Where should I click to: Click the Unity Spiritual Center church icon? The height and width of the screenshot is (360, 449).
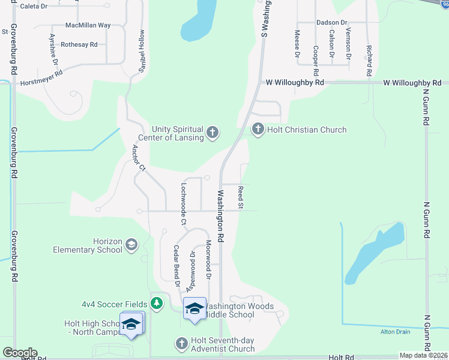click(212, 132)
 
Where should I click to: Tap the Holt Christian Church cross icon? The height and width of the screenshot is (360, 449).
click(258, 129)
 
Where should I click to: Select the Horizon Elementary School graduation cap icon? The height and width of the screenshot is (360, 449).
click(131, 245)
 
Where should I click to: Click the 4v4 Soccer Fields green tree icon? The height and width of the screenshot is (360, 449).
click(157, 304)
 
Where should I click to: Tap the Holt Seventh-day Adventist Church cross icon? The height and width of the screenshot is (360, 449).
click(182, 344)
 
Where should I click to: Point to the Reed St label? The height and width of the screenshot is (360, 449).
click(240, 197)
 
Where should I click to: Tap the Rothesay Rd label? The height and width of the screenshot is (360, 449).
click(79, 44)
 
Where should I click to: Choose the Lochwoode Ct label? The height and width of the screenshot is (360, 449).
click(184, 205)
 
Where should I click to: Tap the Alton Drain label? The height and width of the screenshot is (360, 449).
click(395, 332)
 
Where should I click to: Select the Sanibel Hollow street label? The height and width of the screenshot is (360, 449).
click(142, 52)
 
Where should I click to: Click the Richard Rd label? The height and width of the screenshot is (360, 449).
click(370, 56)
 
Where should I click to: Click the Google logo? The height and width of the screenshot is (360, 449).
click(20, 353)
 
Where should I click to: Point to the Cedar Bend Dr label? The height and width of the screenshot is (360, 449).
click(177, 266)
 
